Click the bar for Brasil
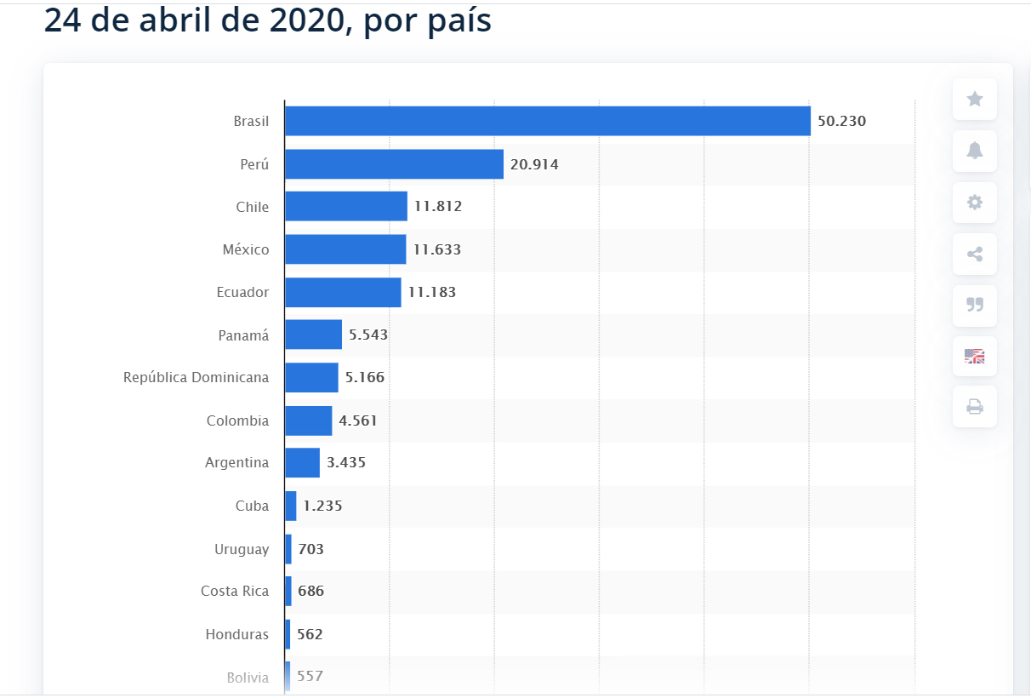547,121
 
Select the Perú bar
394,164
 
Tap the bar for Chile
345,207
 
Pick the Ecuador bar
342,292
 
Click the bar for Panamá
313,335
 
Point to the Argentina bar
302,463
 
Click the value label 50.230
841,121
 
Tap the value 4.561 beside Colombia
358,421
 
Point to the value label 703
311,549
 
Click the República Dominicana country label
196,377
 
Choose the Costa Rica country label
235,591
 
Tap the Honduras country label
236,634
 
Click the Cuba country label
252,506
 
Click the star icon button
975,100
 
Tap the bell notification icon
975,151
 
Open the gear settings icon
975,203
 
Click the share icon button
975,254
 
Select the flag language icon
975,356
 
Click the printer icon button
975,407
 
